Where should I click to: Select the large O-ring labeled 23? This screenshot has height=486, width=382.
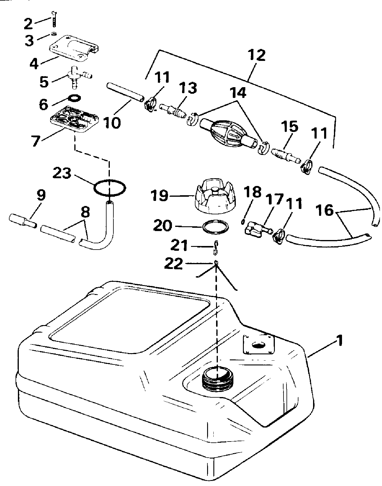110,188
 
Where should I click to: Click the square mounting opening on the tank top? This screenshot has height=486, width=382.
258,344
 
